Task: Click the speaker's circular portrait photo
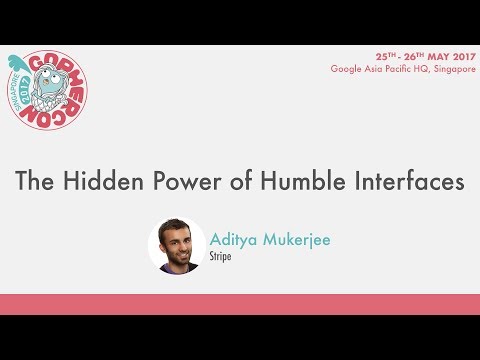[x=177, y=245]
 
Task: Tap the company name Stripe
[x=222, y=257]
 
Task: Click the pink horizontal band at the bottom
[x=240, y=304]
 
